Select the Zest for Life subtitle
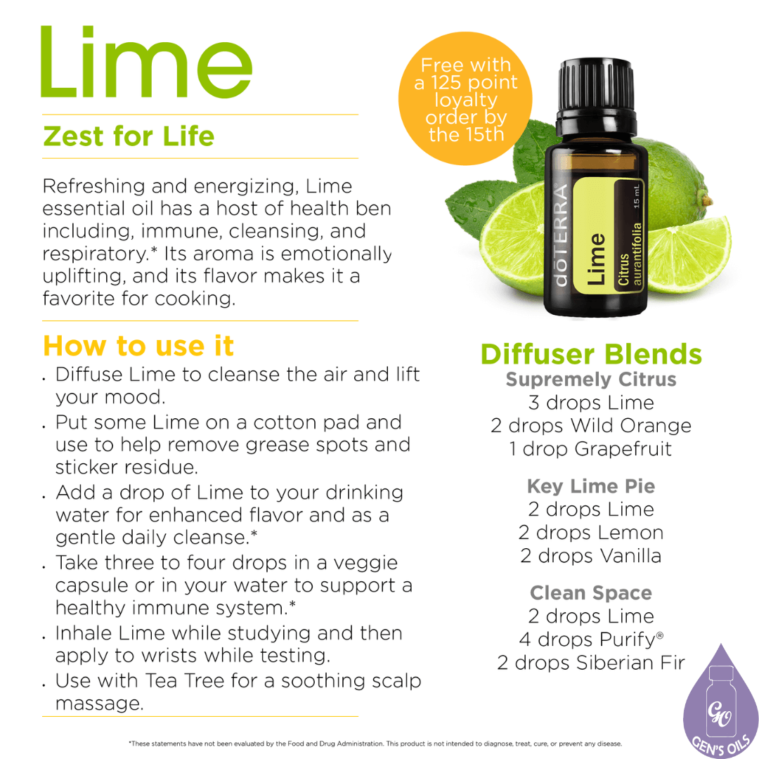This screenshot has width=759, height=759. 129,136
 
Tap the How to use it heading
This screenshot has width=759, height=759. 138,346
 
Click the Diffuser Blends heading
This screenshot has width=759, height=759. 591,354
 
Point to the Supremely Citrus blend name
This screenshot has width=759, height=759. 591,379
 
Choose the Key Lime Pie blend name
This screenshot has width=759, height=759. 591,486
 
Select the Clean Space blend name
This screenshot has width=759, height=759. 591,593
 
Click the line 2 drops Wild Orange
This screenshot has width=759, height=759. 591,426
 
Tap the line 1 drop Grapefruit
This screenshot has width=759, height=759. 591,449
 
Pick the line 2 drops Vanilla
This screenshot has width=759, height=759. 591,556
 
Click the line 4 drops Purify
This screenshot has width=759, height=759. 591,640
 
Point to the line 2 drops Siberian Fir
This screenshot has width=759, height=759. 591,663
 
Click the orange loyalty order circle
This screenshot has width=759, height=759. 466,98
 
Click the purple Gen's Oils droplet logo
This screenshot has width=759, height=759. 721,703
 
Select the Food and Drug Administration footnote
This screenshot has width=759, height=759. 375,743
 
